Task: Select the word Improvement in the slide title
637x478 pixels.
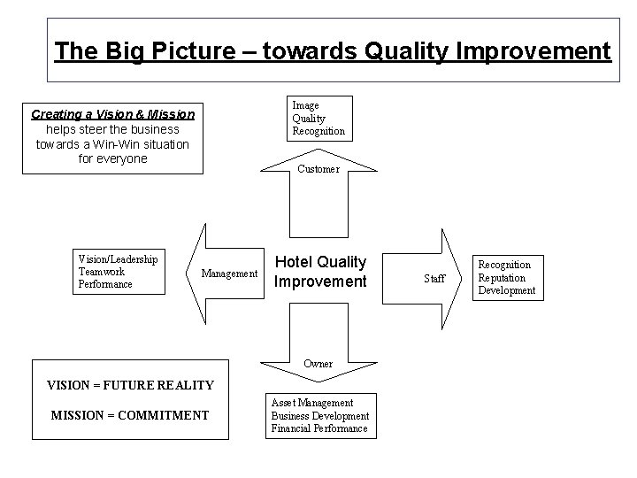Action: pyautogui.click(x=533, y=50)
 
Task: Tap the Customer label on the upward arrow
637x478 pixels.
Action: pyautogui.click(x=318, y=169)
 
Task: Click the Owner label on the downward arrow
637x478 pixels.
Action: pyautogui.click(x=318, y=364)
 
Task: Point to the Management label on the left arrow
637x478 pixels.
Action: pyautogui.click(x=229, y=274)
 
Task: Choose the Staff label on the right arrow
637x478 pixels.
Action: pyautogui.click(x=434, y=278)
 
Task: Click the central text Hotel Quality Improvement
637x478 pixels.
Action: pyautogui.click(x=319, y=272)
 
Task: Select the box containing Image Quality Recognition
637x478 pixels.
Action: pyautogui.click(x=318, y=119)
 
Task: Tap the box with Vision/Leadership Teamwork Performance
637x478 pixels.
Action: pyautogui.click(x=118, y=272)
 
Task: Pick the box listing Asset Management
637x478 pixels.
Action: pyautogui.click(x=318, y=415)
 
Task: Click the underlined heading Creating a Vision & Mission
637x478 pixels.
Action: pyautogui.click(x=112, y=115)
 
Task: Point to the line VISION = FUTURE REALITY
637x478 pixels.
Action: pyautogui.click(x=129, y=384)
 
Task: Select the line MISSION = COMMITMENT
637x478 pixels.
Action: pyautogui.click(x=130, y=415)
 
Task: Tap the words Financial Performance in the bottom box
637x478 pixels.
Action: pyautogui.click(x=318, y=428)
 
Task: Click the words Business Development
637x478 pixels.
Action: pyautogui.click(x=319, y=416)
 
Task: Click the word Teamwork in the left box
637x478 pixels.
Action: pyautogui.click(x=102, y=272)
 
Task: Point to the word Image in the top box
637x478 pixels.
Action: pyautogui.click(x=305, y=105)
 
